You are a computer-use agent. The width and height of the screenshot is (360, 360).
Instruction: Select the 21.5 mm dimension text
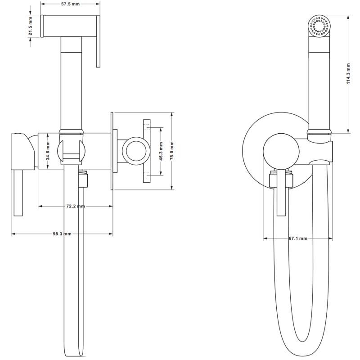[x=31, y=27]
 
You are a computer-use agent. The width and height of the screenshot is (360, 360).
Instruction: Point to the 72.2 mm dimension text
[x=76, y=206]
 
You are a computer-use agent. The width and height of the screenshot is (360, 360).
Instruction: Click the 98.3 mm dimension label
[x=62, y=234]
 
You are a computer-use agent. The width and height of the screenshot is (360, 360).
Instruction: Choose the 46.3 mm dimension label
[x=160, y=151]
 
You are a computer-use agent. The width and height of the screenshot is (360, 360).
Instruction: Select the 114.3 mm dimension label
[x=349, y=74]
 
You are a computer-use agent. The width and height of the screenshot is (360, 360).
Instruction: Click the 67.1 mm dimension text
[x=298, y=238]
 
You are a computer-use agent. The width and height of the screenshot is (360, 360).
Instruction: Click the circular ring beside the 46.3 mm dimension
[x=136, y=150]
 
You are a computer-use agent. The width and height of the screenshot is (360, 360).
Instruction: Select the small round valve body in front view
[x=280, y=152]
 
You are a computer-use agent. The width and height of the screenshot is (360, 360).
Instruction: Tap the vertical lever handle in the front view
[x=282, y=193]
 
